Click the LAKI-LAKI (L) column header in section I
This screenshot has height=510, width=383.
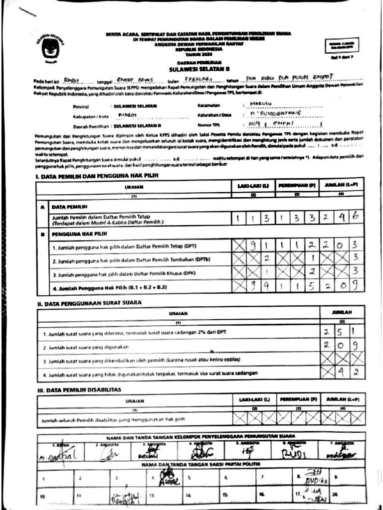[253, 186]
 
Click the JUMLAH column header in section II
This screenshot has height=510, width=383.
[342, 313]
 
